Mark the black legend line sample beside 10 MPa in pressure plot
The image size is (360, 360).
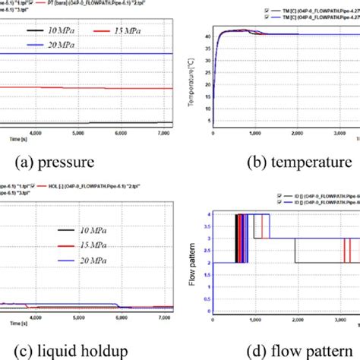(35, 30)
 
